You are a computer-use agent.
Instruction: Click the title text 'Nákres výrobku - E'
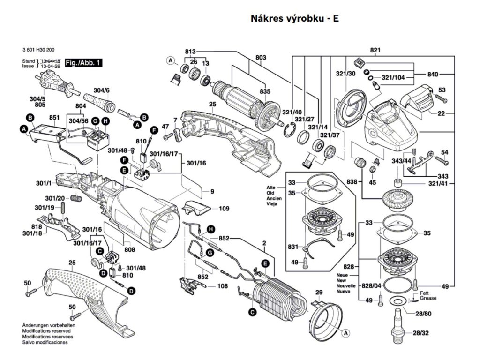295,19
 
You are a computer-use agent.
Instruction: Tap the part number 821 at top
375,50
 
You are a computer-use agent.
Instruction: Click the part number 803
261,58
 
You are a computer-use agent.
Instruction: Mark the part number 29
319,293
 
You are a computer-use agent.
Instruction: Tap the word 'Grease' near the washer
428,298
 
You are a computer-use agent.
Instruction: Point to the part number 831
292,247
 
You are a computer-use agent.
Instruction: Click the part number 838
352,181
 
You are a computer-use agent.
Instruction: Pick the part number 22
442,113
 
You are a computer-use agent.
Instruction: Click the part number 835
265,91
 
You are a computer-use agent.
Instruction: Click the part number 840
433,74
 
